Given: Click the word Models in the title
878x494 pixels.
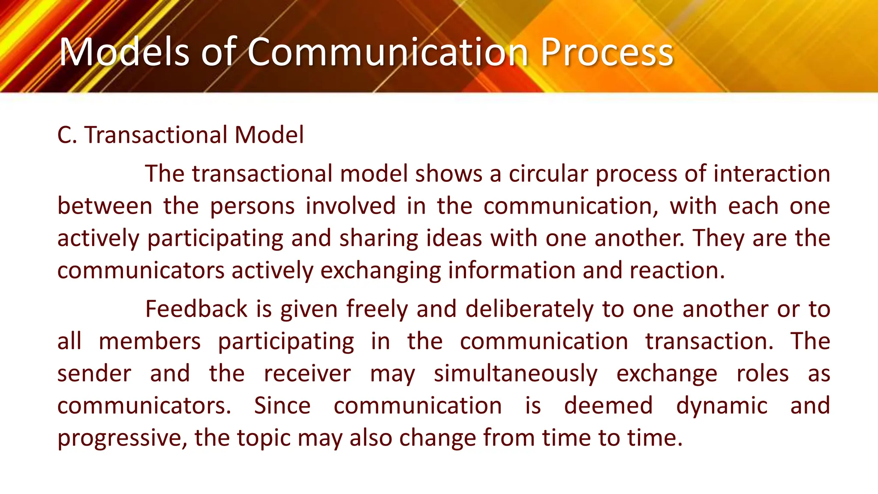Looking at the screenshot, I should (x=124, y=52).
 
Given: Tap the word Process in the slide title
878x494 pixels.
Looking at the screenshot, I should (x=607, y=52).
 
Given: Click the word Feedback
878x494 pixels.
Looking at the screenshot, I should (x=196, y=309).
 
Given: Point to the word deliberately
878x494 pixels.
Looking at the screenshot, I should (x=529, y=309).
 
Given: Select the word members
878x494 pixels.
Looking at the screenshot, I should (x=150, y=342).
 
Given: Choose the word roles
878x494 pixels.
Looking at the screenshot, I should (x=762, y=374).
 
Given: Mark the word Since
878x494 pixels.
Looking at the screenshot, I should (x=282, y=406).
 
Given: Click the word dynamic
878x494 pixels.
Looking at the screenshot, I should (x=722, y=406).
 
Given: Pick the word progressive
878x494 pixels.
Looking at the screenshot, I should (x=122, y=438).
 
